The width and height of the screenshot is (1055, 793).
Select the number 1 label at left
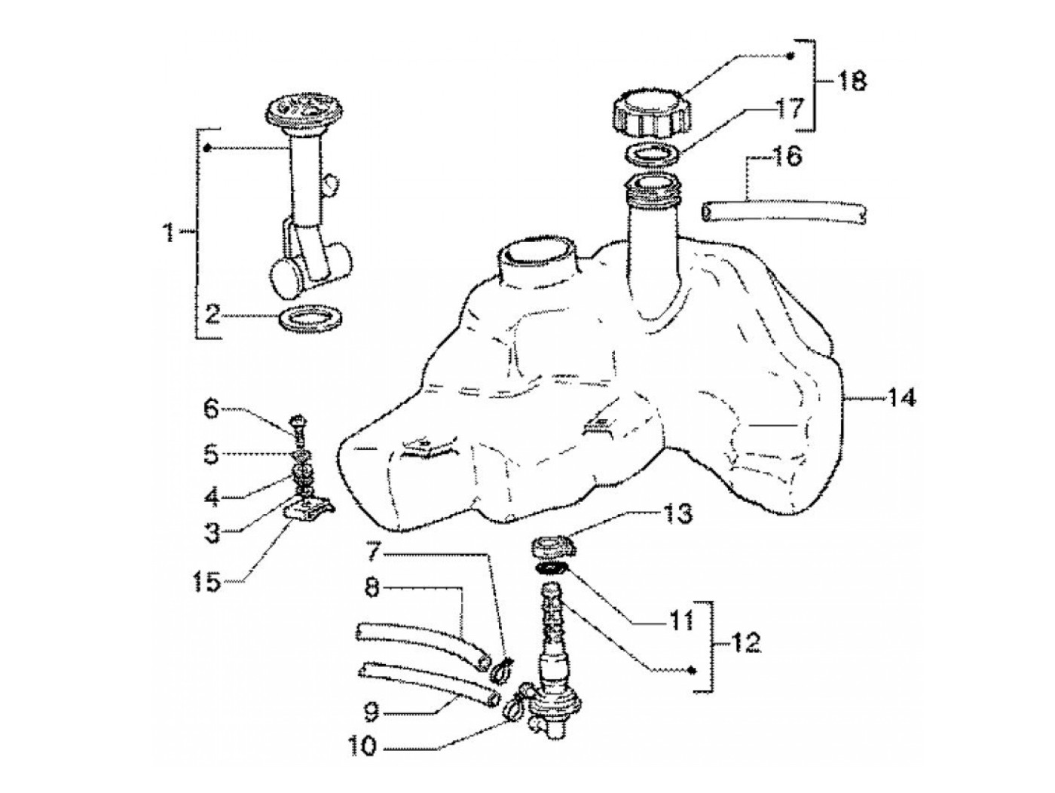click(170, 231)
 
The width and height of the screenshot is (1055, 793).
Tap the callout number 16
click(787, 157)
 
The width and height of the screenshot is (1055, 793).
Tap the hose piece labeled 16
click(784, 213)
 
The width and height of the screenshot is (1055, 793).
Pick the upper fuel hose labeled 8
click(422, 641)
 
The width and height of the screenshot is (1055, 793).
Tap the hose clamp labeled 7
click(500, 667)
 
